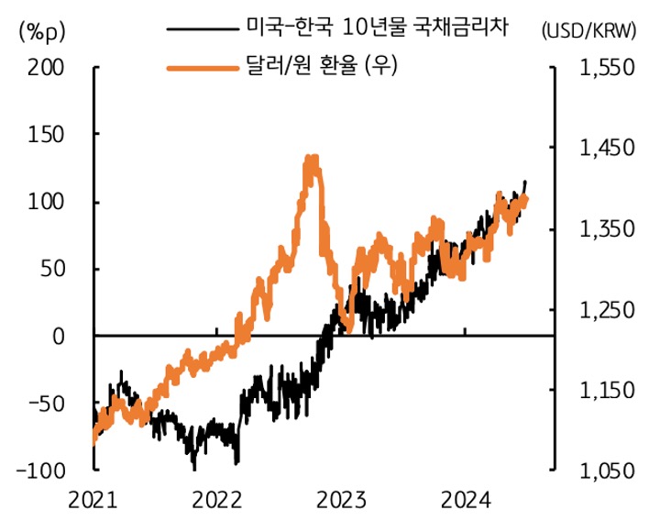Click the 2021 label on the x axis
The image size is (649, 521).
pos(93,501)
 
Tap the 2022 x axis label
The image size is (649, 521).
pos(217,501)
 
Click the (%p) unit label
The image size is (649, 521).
pos(37,31)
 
